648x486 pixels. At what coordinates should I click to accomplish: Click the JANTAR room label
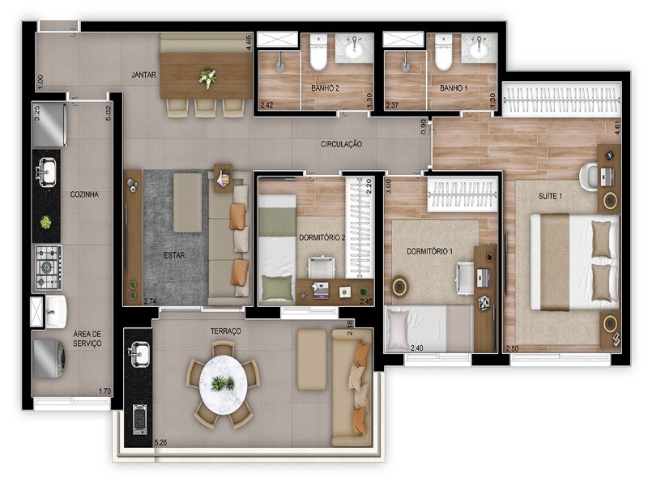pos(143,75)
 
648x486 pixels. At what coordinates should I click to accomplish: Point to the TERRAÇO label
pos(224,331)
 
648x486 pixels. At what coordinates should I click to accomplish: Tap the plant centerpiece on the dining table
pos(207,78)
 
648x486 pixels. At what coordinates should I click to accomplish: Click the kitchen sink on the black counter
pos(46,172)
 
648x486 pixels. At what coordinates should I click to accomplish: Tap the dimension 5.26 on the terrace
pos(161,442)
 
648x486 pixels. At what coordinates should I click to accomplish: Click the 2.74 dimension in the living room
pos(150,301)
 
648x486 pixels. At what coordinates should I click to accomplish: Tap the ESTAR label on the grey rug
pos(173,254)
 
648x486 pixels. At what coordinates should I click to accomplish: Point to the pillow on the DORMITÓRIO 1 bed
pos(400,329)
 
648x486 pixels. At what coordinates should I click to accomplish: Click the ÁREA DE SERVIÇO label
pos(87,338)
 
